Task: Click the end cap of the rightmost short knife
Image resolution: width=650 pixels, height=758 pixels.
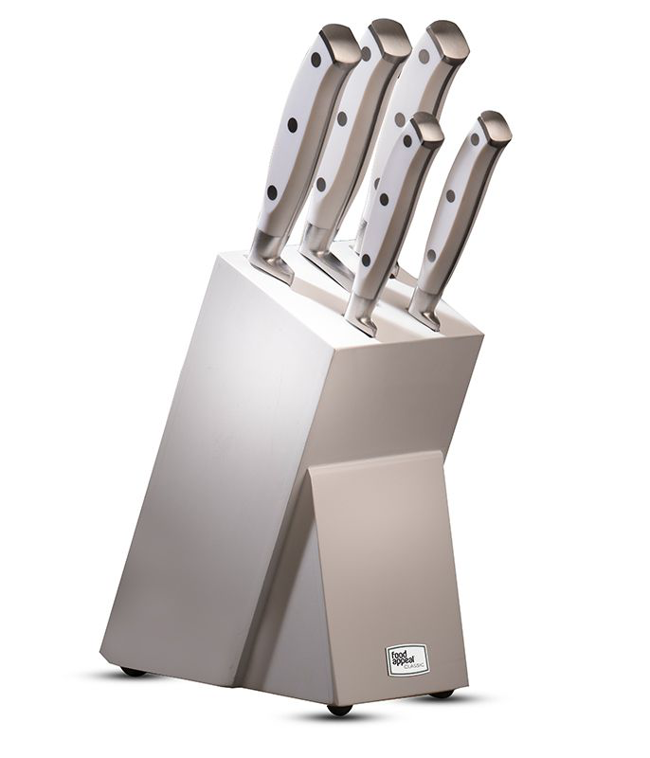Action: [495, 126]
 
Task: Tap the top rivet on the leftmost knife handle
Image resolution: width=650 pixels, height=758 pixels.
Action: [316, 60]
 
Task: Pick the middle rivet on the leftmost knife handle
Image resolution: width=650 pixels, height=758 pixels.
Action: [293, 125]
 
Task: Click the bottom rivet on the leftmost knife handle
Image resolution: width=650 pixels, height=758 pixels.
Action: [272, 192]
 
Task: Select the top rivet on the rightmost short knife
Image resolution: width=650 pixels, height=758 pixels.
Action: [475, 139]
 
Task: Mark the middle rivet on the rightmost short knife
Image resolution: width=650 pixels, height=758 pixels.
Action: [450, 196]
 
